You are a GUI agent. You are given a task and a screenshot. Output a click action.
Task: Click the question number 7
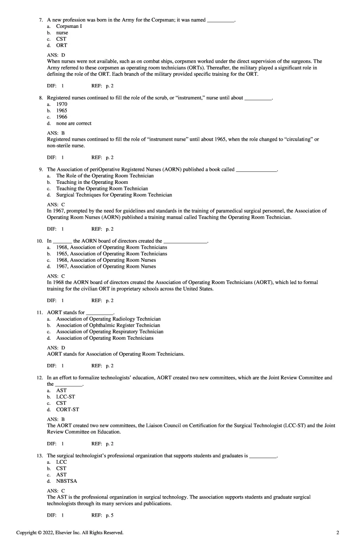(x=41, y=20)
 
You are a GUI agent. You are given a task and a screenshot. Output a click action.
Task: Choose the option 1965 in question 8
(x=62, y=110)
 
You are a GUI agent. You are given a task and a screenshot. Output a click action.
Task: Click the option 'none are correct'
(x=74, y=123)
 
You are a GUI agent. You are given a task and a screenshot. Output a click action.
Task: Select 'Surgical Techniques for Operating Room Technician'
(x=114, y=195)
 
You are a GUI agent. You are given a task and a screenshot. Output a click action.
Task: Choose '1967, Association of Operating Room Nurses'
(x=106, y=266)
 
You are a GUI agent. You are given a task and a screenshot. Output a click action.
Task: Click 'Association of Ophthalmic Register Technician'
(x=108, y=325)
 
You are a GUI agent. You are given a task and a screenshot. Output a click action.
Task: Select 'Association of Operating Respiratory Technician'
(x=109, y=331)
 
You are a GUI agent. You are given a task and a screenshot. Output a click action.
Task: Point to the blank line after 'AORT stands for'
(x=100, y=313)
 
